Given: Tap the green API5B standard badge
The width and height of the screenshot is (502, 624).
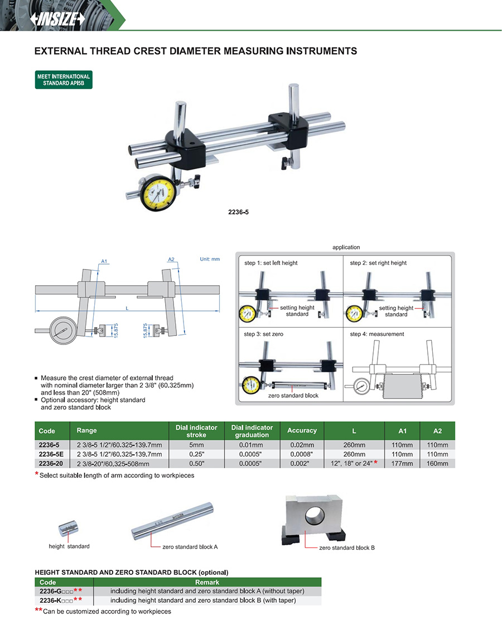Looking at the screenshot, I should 63,80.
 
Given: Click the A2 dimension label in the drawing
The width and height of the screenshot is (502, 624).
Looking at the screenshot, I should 172,259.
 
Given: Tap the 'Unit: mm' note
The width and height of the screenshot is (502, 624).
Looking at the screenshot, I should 210,259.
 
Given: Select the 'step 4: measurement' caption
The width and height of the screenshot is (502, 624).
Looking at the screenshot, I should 376,334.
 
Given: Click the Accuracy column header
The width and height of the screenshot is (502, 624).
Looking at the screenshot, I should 302,430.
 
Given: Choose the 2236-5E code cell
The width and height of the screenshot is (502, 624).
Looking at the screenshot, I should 51,454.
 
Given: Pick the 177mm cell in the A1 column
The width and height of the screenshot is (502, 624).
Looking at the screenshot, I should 402,463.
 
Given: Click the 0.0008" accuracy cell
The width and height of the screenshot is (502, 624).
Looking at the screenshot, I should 302,454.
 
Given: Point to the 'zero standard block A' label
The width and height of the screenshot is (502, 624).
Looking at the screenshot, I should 190,547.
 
